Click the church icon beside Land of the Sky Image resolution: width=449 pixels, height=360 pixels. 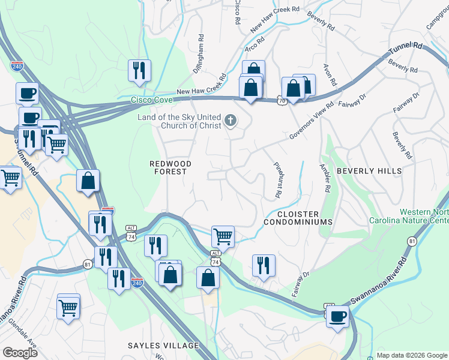click(x=229, y=122)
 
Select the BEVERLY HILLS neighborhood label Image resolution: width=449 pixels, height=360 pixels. click(x=369, y=171)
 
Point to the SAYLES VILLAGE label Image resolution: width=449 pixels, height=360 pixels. click(x=163, y=346)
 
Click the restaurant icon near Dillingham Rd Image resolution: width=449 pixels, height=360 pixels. click(x=139, y=70)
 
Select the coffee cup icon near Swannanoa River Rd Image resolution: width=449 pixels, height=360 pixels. click(x=338, y=316)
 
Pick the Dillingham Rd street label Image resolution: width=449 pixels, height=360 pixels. click(x=199, y=55)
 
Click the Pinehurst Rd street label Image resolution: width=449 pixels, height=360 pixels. click(x=278, y=180)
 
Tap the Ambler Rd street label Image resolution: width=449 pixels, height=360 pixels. click(x=325, y=178)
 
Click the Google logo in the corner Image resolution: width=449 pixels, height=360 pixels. click(x=19, y=353)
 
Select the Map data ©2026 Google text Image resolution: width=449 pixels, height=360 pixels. click(x=412, y=355)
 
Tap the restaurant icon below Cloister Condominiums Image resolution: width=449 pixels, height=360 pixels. click(x=264, y=265)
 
